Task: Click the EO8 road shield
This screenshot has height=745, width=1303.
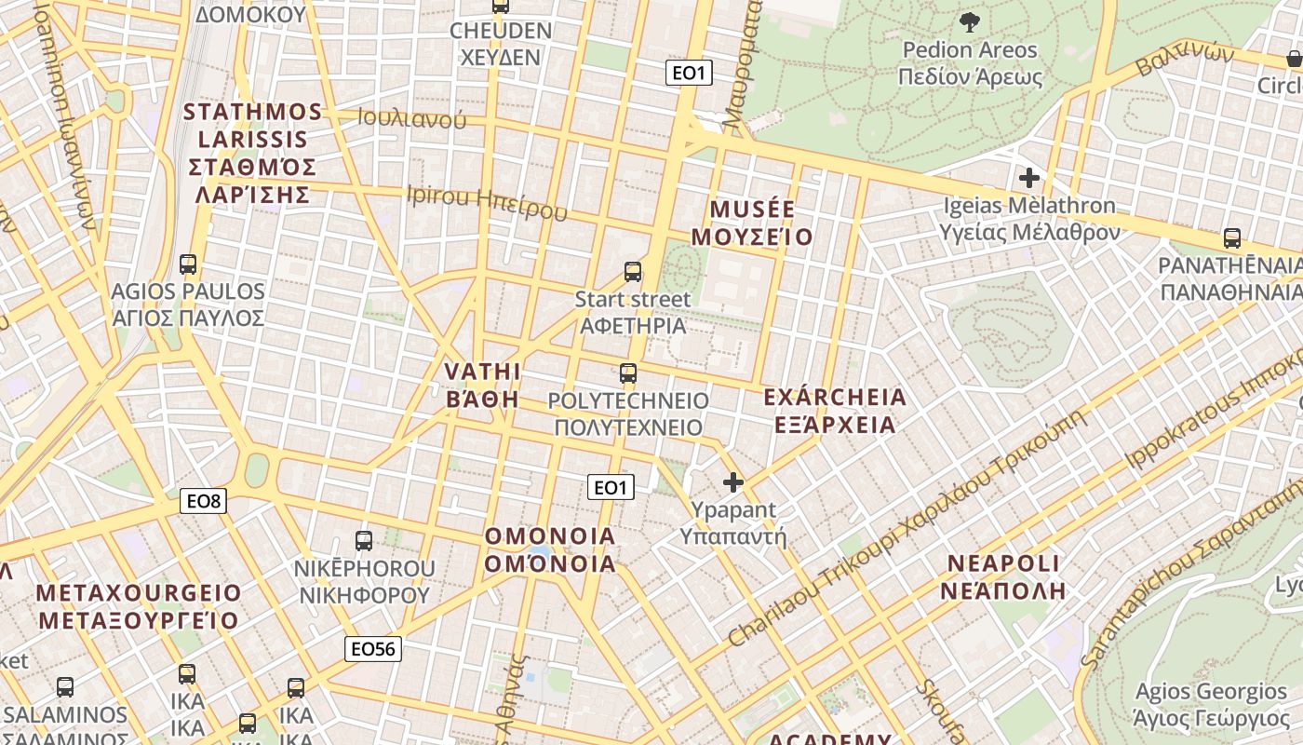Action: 204,502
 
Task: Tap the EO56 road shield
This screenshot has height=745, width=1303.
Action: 373,648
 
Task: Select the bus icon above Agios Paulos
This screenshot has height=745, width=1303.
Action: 188,264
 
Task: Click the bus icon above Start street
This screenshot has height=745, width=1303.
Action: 633,272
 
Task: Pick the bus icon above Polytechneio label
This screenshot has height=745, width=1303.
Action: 628,374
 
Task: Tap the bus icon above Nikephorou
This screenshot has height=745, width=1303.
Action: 364,540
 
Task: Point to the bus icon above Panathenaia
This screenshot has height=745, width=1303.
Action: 1232,238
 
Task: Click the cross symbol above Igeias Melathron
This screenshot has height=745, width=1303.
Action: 1029,177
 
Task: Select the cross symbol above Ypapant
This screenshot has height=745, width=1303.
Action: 733,482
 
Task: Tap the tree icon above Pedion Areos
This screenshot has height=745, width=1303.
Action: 969,21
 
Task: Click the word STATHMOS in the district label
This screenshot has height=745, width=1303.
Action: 252,113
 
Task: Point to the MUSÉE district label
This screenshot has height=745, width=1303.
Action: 752,209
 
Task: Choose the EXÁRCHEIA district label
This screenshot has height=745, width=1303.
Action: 834,398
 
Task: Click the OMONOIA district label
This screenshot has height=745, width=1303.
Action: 550,536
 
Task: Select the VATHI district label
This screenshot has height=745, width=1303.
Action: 482,372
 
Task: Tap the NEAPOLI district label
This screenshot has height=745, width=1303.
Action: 1003,563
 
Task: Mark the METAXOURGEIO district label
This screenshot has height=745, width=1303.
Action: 139,593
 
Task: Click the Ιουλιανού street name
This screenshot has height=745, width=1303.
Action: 412,118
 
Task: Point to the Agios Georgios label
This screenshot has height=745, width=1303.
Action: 1211,692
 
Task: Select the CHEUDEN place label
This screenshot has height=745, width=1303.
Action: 501,31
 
